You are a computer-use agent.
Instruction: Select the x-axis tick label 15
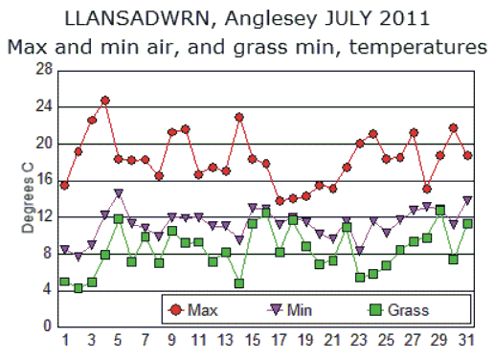pyautogui.click(x=253, y=341)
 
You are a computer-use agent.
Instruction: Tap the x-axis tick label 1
pyautogui.click(x=65, y=341)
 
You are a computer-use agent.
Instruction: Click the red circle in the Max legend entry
pyautogui.click(x=175, y=309)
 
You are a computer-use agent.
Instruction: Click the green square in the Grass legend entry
pyautogui.click(x=375, y=309)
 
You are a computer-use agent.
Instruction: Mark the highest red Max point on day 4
pyautogui.click(x=105, y=101)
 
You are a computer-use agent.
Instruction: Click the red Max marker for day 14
pyautogui.click(x=239, y=118)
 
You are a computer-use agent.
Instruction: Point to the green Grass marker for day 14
pyautogui.click(x=239, y=282)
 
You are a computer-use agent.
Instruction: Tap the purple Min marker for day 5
pyautogui.click(x=119, y=193)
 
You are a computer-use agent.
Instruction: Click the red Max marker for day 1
pyautogui.click(x=65, y=185)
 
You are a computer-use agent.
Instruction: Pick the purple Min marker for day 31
pyautogui.click(x=467, y=200)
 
